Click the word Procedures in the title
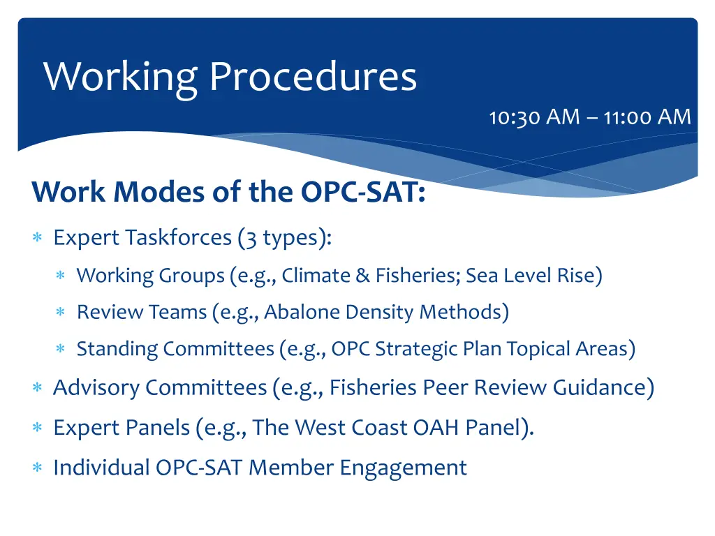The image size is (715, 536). click(x=313, y=77)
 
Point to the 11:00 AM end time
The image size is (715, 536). click(x=647, y=117)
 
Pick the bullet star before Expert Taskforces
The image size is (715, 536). click(x=38, y=239)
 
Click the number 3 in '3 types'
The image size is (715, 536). click(x=250, y=238)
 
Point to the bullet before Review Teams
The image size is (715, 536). click(x=61, y=313)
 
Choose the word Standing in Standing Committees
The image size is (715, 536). click(x=118, y=348)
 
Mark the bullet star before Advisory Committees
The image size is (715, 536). click(x=38, y=388)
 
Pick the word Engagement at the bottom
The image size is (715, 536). click(x=404, y=467)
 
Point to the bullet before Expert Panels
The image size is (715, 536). click(x=38, y=428)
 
